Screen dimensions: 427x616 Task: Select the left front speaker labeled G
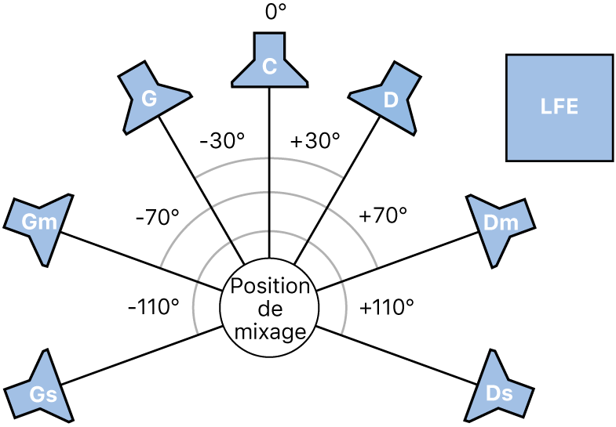point(151,96)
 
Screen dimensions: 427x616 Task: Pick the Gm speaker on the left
point(36,224)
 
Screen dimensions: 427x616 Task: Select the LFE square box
point(559,107)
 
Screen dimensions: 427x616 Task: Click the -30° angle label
point(222,141)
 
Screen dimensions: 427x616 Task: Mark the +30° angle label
point(315,141)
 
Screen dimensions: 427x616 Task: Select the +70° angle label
point(383,217)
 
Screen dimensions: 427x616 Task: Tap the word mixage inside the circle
point(269,331)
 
